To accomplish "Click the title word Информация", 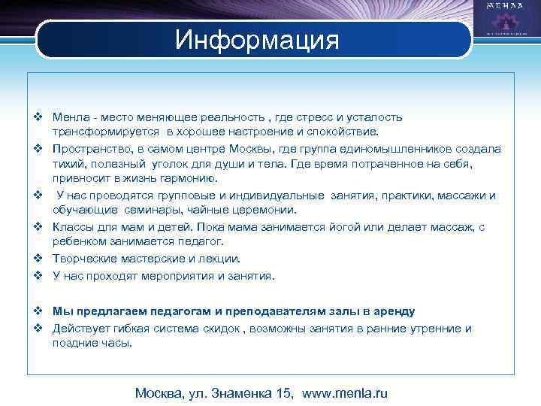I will coord(257,39).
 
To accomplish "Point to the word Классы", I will coord(73,226).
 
